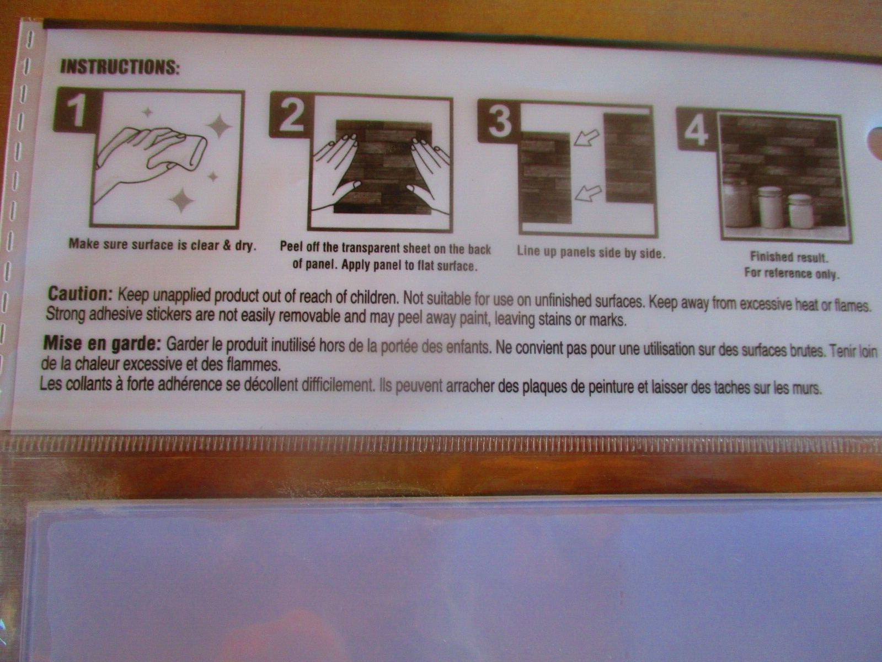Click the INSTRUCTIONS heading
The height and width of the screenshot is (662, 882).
pyautogui.click(x=119, y=67)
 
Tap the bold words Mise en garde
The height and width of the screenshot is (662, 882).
pyautogui.click(x=102, y=344)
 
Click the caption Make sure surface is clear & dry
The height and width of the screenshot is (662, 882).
pyautogui.click(x=162, y=244)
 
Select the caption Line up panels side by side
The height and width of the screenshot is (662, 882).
pyautogui.click(x=591, y=252)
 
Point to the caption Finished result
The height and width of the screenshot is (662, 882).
pyautogui.click(x=789, y=257)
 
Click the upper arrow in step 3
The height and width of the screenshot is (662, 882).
pyautogui.click(x=587, y=137)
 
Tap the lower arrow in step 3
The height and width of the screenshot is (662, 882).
pyautogui.click(x=589, y=193)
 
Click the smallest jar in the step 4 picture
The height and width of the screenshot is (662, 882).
pyautogui.click(x=800, y=210)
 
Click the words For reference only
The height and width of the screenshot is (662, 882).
pyautogui.click(x=792, y=274)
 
